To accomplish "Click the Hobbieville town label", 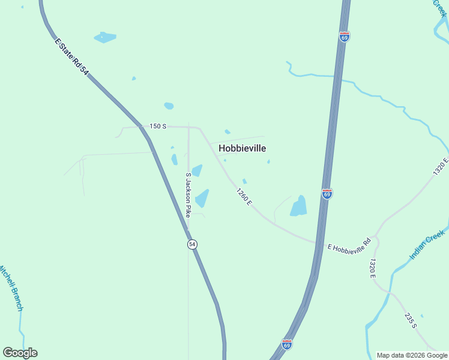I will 242,148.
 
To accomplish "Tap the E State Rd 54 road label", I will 71,58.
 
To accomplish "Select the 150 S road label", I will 157,126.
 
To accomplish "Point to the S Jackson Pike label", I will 188,194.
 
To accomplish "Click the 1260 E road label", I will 243,196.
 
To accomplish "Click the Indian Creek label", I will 427,245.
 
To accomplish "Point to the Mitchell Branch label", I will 11,287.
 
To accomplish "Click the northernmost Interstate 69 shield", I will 344,37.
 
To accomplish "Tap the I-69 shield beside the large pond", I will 327,194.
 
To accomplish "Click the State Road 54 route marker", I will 191,244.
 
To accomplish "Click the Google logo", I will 20,353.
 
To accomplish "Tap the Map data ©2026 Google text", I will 412,355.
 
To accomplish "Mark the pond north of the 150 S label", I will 169,106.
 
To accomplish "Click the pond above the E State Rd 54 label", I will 104,37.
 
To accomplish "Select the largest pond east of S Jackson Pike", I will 202,198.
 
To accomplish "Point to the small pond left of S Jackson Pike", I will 174,159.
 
